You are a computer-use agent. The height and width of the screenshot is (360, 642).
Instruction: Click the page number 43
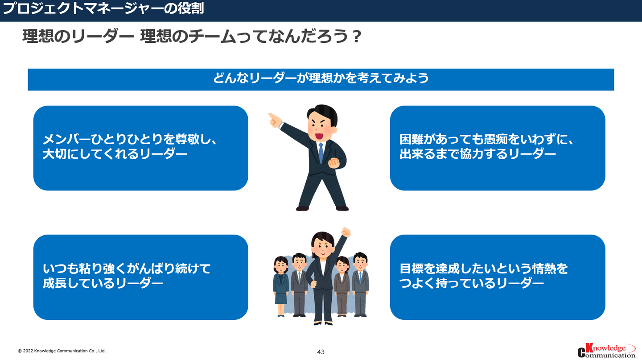321,352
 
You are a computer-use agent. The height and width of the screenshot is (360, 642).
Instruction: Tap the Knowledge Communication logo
606,351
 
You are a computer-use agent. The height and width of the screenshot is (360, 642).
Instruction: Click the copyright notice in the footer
62,351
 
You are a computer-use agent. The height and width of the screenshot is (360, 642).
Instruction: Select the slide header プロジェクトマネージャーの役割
103,8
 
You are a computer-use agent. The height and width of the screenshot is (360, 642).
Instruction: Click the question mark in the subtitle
357,37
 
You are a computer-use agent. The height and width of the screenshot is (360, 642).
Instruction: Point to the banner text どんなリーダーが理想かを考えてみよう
321,78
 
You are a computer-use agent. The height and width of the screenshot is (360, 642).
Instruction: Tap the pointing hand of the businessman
274,120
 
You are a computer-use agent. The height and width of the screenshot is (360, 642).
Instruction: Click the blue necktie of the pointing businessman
321,153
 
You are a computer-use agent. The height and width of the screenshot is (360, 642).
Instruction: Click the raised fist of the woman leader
346,232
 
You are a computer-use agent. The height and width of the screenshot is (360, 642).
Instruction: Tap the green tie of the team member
299,277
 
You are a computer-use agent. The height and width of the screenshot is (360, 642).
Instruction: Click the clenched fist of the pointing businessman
333,163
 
